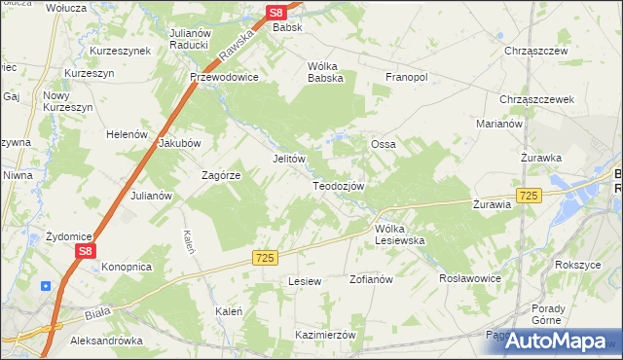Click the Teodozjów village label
pos(339,185)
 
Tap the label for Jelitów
pos(288,159)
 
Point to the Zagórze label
pos(220,175)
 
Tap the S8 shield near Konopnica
pos(86,251)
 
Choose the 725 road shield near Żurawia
pos(529,196)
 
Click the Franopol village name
pos(408,76)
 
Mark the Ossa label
pos(383,144)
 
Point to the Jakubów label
pos(179,142)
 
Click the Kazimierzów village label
pos(325,334)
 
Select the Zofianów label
pos(370,279)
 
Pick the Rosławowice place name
pos(470,277)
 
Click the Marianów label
pos(500,125)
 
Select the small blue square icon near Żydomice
pos(46,285)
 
